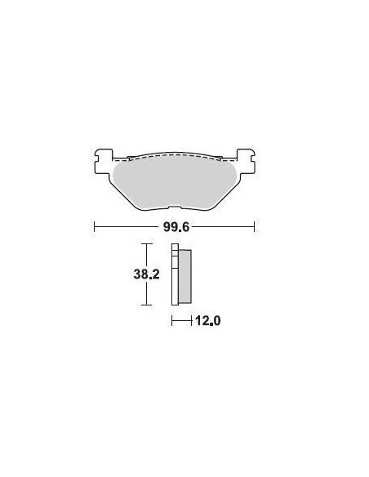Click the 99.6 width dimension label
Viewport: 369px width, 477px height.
[176, 227]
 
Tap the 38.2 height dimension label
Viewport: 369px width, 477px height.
[146, 274]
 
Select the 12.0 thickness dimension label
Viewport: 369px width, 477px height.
[208, 321]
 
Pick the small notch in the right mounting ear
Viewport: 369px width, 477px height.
[253, 158]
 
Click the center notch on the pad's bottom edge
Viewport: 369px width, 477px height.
[175, 207]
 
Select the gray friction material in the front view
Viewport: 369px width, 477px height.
[175, 182]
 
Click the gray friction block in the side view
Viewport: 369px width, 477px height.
[184, 276]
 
